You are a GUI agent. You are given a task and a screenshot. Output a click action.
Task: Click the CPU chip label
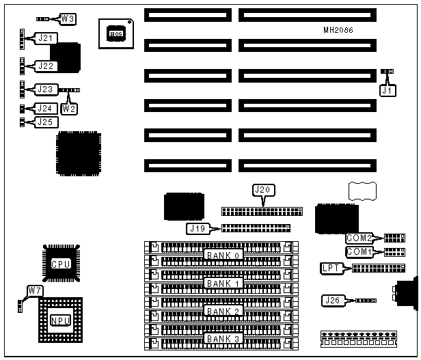click(x=60, y=264)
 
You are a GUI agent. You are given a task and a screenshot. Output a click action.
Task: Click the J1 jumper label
click(x=388, y=89)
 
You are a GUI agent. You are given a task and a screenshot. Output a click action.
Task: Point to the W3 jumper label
click(x=69, y=18)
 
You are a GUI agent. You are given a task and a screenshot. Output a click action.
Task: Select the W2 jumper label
click(x=69, y=107)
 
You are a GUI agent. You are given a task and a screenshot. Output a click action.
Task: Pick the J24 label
click(x=45, y=108)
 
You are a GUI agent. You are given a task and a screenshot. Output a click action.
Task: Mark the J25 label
click(x=45, y=122)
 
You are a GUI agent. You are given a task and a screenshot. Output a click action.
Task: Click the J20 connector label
click(x=263, y=189)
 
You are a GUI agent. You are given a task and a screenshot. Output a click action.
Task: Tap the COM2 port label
click(x=359, y=238)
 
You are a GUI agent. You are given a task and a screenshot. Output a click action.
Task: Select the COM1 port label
click(x=359, y=252)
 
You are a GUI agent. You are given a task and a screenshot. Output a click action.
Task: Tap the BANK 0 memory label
click(x=223, y=255)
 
